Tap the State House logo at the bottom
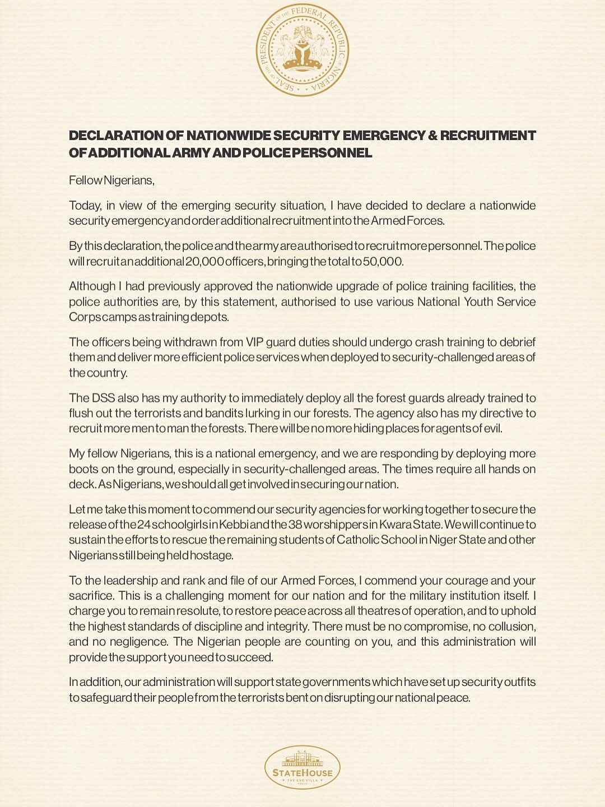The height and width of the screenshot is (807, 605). [302, 767]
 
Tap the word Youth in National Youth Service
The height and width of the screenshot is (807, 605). [480, 302]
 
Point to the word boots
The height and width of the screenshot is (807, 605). [85, 469]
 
